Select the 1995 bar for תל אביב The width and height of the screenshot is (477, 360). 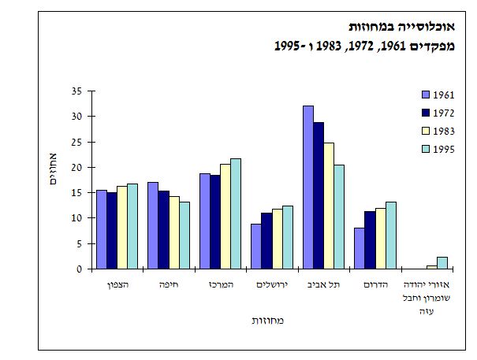pos(339,217)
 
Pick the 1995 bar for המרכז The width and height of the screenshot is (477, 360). pos(236,213)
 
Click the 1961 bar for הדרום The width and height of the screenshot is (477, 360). pos(360,248)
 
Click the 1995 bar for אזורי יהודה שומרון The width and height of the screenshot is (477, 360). pos(442,263)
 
